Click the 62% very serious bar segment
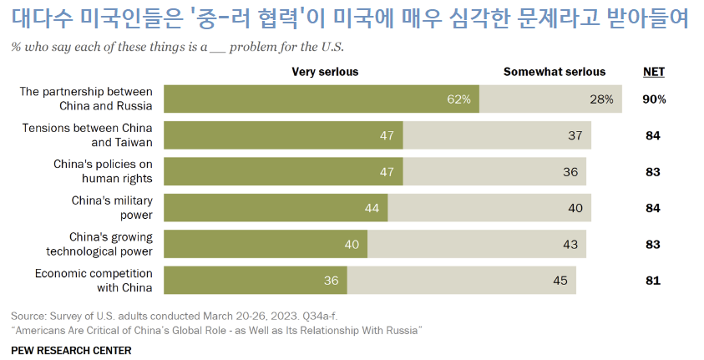pos(321,99)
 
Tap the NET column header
pos(654,72)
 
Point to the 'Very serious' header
pos(325,72)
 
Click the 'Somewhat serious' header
pos(555,72)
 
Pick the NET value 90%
pos(654,99)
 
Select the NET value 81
pos(654,281)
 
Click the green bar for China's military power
pos(276,208)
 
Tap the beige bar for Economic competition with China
pos(462,281)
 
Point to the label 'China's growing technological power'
pos(99,244)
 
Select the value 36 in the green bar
pos(332,281)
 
